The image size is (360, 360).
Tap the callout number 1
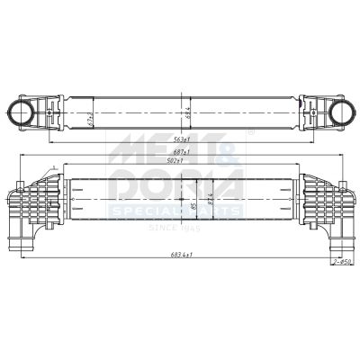53,166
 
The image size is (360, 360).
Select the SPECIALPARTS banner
176,211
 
